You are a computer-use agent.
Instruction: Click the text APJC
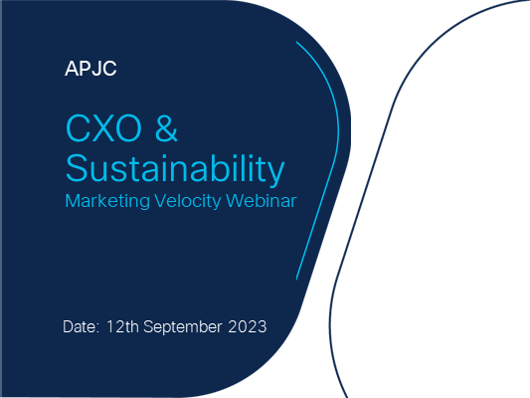90,69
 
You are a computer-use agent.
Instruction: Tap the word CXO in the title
103,128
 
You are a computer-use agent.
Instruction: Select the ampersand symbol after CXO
166,128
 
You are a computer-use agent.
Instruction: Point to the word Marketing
107,202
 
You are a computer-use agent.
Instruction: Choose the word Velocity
188,202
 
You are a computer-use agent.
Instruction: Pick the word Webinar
262,201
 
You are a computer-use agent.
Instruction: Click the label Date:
82,326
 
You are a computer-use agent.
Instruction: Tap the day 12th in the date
122,326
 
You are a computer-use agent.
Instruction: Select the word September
183,327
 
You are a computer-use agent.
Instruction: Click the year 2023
248,326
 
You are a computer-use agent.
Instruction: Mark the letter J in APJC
96,69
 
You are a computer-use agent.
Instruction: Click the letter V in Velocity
161,201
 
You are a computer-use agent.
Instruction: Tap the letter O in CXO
128,128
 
